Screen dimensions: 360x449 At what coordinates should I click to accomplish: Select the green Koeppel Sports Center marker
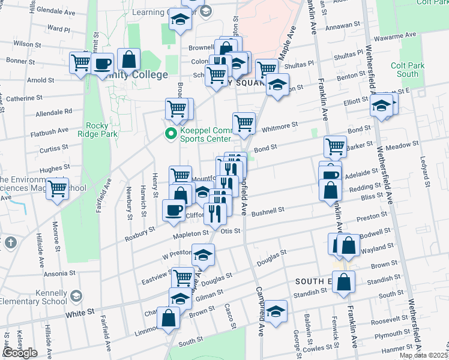[x=171, y=134]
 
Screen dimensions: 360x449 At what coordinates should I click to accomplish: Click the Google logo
[x=20, y=353]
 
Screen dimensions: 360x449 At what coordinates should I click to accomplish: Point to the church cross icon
[x=10, y=243]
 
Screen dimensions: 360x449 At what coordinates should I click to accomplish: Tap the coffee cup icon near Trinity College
[x=103, y=63]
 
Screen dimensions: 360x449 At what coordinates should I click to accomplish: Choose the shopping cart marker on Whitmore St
[x=244, y=124]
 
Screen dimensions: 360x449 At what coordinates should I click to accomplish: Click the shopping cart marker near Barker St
[x=335, y=146]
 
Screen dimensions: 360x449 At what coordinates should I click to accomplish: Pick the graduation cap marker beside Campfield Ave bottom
[x=276, y=312]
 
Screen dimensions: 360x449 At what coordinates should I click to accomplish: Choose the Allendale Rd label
[x=54, y=112]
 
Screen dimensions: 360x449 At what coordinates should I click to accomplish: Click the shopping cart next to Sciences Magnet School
[x=58, y=189]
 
